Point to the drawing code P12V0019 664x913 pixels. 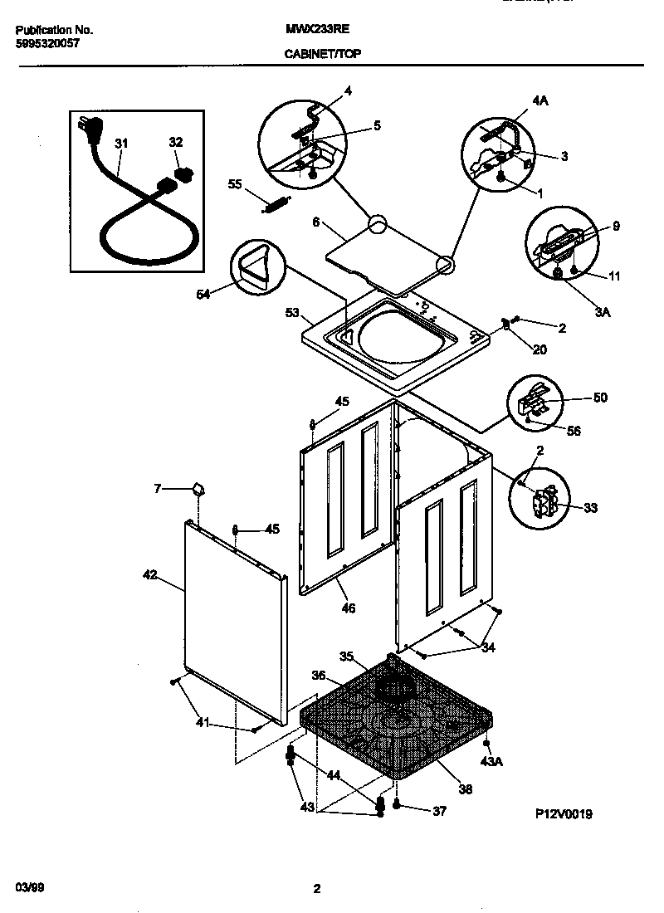[564, 814]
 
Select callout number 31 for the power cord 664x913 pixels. [122, 144]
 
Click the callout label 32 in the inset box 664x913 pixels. [176, 143]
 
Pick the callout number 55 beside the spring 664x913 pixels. [235, 184]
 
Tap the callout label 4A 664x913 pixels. [540, 100]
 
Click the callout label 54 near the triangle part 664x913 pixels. [203, 293]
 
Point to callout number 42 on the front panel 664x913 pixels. [150, 574]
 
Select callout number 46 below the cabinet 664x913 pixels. [348, 608]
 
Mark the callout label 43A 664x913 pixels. [492, 762]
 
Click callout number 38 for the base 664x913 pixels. [465, 789]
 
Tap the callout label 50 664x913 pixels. [599, 398]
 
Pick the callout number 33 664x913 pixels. [590, 508]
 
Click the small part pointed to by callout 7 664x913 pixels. [198, 490]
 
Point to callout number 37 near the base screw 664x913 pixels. [439, 811]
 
